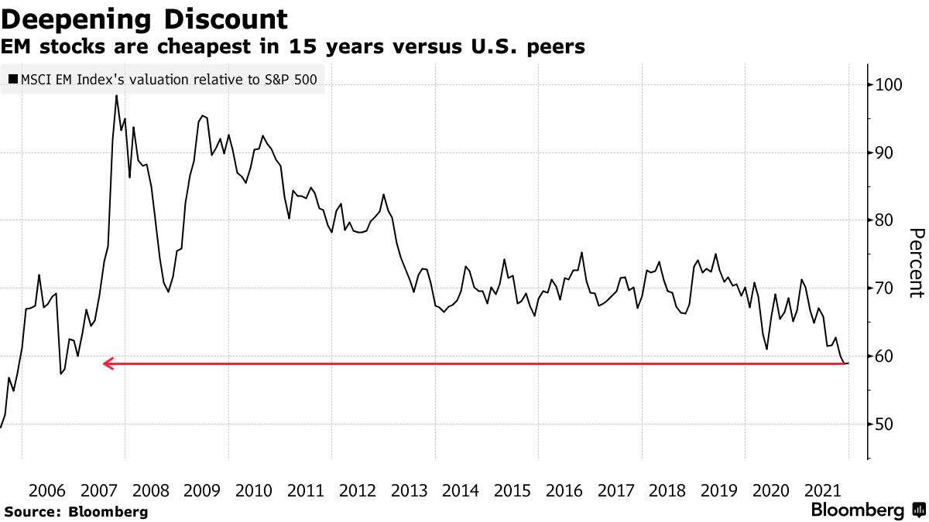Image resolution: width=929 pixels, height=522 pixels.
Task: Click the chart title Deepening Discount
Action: pos(145,18)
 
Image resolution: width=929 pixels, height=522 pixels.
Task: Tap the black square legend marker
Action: pos(12,79)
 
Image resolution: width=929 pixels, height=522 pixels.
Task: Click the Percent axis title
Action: pos(917,263)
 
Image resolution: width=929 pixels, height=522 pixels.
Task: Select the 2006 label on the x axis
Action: pos(46,490)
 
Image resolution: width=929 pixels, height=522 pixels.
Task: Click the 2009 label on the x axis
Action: pos(201,490)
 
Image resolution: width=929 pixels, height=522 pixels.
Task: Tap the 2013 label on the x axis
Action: pos(409,490)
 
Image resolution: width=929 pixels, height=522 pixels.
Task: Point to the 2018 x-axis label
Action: pos(667,490)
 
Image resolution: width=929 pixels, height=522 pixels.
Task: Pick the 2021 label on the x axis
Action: pos(822,490)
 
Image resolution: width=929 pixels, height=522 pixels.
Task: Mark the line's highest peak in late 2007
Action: pos(116,96)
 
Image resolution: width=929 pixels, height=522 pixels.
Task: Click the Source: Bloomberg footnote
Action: pos(76,511)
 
